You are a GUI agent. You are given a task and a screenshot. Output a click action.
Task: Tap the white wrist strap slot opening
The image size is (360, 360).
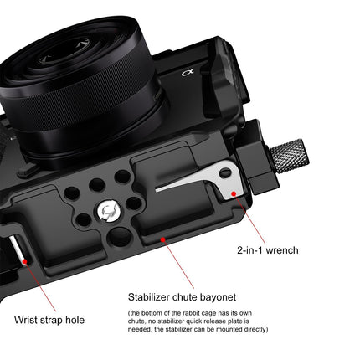tap(16, 251)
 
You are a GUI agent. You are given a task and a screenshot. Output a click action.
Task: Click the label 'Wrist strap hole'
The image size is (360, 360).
tap(49, 319)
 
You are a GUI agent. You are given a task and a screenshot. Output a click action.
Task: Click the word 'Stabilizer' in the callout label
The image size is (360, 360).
tap(152, 296)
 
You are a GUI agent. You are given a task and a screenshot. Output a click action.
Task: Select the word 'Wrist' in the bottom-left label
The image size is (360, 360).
tap(28, 319)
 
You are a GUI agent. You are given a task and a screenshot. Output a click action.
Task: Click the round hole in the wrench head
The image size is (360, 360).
tap(225, 173)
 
